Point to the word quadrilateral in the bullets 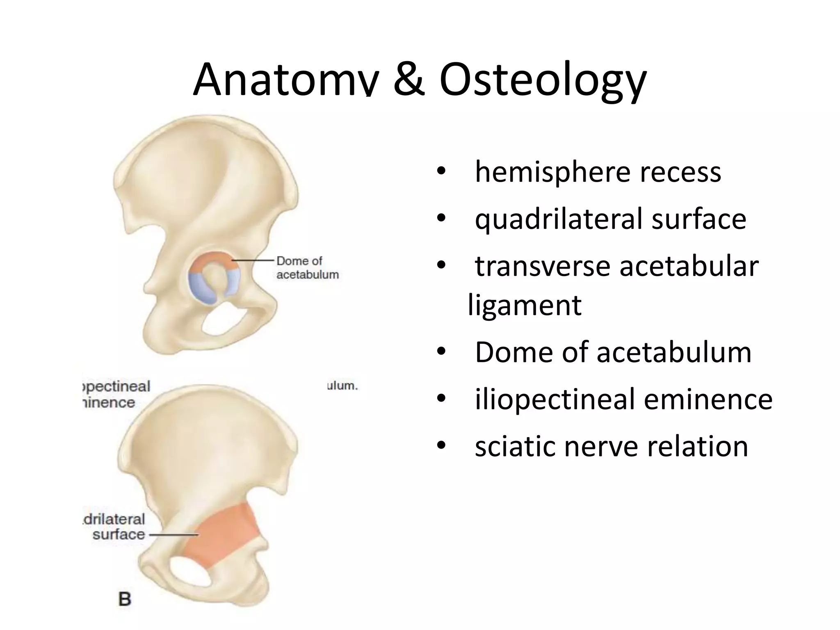(x=559, y=219)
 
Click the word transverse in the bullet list (x=543, y=267)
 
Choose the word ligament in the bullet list (x=525, y=306)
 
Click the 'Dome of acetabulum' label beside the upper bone (x=307, y=267)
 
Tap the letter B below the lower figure (x=125, y=599)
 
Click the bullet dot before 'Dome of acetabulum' (x=441, y=352)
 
